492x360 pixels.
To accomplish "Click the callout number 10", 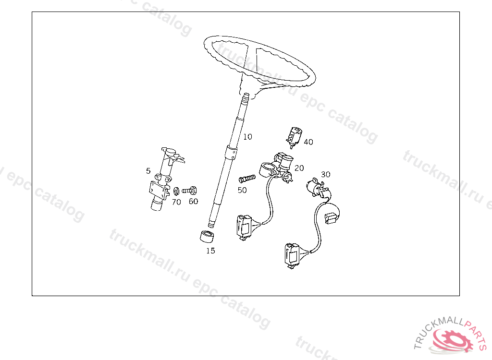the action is point(247,137).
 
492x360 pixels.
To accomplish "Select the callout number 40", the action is point(308,142).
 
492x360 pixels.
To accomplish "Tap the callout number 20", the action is point(299,168).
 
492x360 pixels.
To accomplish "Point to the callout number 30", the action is point(325,174).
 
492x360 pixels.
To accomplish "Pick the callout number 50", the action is point(242,190).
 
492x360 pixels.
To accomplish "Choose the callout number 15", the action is point(210,251).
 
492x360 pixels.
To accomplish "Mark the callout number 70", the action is point(176,202).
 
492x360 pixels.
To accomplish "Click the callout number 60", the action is point(193,201).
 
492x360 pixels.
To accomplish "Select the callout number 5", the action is point(148,171).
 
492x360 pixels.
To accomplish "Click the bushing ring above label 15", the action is point(207,237).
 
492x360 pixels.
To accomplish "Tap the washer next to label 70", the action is point(176,191).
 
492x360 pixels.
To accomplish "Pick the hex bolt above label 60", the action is point(189,191).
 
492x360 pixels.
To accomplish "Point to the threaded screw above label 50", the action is point(247,179).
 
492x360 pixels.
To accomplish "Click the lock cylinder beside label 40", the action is point(294,137).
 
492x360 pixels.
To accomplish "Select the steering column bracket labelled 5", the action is point(164,179).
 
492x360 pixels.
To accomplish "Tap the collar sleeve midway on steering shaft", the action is point(231,153).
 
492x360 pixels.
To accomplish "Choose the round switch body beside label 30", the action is point(316,187).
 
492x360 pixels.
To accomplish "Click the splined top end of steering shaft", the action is point(246,97).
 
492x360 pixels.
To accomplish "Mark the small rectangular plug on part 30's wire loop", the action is point(331,218).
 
